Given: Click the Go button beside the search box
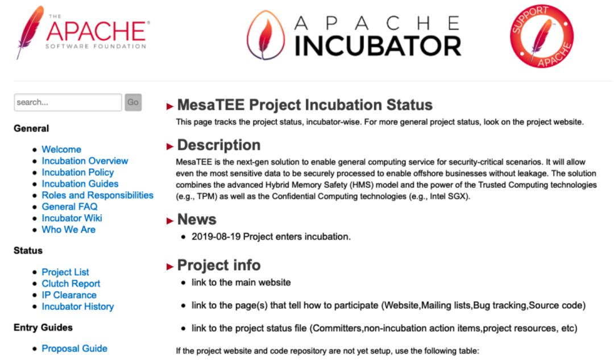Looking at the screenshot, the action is click(x=133, y=102).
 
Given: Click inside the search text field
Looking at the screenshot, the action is click(x=68, y=102).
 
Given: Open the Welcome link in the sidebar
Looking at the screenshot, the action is click(x=61, y=149).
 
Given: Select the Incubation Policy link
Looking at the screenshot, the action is click(x=77, y=172).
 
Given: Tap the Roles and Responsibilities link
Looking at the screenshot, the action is click(x=98, y=195).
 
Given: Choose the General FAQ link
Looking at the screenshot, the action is click(x=70, y=206).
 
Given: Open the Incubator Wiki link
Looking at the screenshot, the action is click(x=72, y=218).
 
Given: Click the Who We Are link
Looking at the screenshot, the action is click(x=69, y=230).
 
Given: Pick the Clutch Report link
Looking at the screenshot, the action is click(x=71, y=284).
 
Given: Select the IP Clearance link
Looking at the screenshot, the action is click(x=69, y=295).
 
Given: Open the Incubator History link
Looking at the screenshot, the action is click(x=77, y=307).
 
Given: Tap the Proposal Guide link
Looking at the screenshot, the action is click(x=74, y=348).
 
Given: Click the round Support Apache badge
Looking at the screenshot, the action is click(x=542, y=36).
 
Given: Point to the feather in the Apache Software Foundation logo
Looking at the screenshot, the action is click(x=30, y=31).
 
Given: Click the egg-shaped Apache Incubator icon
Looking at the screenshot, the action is click(x=266, y=35).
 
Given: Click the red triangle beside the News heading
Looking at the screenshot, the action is click(x=170, y=221).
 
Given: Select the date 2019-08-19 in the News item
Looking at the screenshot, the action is click(x=216, y=237).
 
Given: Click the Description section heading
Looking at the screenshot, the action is click(x=219, y=145).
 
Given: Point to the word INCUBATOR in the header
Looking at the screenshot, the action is click(x=378, y=46).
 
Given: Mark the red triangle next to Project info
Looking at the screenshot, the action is click(x=170, y=267).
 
